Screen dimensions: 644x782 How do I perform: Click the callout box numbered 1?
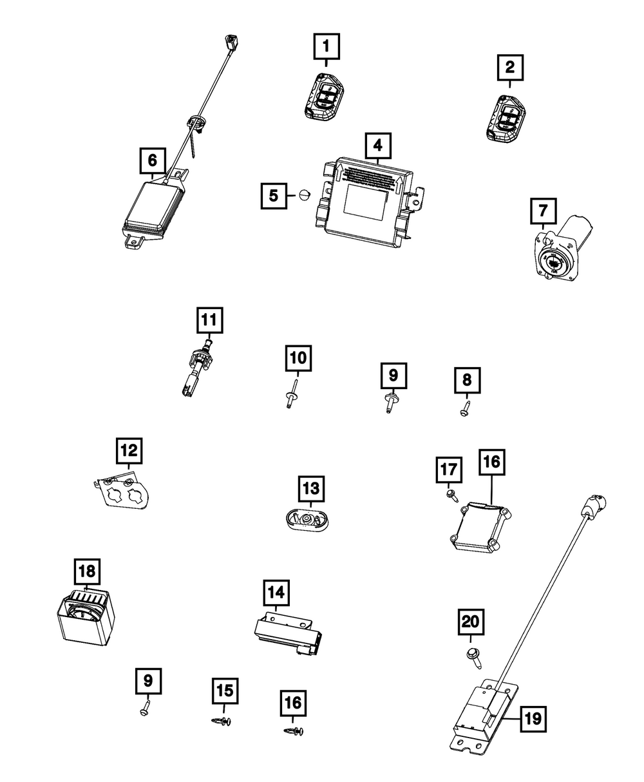tap(327, 46)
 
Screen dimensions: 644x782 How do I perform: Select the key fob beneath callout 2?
tap(506, 119)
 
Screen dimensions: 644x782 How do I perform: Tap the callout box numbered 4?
tap(378, 146)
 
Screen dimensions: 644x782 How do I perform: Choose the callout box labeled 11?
tap(210, 320)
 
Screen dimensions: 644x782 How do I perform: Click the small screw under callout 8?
tap(466, 408)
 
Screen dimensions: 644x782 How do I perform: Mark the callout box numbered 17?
tap(449, 470)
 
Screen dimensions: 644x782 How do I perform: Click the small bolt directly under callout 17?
tap(452, 495)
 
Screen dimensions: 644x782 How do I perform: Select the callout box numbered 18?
tap(87, 571)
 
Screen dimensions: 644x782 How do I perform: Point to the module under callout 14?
tap(289, 636)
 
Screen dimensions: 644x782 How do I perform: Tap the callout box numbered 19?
tap(533, 719)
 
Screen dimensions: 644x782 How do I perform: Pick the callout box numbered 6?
tap(153, 160)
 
